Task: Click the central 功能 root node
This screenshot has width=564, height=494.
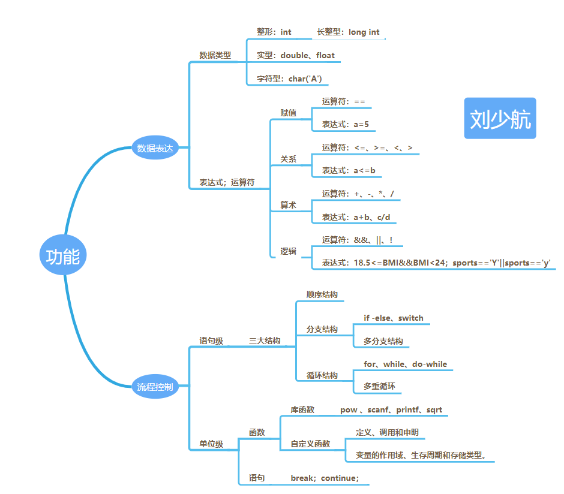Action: pos(63,257)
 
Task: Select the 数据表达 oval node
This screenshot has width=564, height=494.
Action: pos(155,148)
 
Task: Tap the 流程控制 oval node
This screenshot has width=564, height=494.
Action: pos(155,387)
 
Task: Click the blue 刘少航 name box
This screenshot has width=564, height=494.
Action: pos(500,119)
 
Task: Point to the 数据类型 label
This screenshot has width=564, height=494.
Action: pos(215,55)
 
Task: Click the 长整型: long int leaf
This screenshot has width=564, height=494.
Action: pos(348,32)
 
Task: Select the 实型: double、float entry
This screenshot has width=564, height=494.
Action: pos(296,55)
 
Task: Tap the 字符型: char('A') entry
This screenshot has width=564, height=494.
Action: pos(293,79)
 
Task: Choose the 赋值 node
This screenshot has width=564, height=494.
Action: pos(288,113)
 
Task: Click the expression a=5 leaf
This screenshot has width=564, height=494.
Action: pos(345,124)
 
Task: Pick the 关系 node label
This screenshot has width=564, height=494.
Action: pos(288,159)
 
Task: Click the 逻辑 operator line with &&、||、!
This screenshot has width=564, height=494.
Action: pos(357,240)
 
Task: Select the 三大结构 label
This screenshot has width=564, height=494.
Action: pos(265,341)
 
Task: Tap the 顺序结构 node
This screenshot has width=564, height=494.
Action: pos(322,294)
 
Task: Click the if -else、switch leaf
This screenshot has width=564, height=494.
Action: pos(393,318)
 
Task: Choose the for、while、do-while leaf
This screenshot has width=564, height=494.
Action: pos(405,364)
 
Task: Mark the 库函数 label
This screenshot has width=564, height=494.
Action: pos(302,409)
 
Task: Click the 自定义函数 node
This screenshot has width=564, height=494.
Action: pos(310,444)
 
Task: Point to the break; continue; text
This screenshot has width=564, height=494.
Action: pos(325,478)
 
